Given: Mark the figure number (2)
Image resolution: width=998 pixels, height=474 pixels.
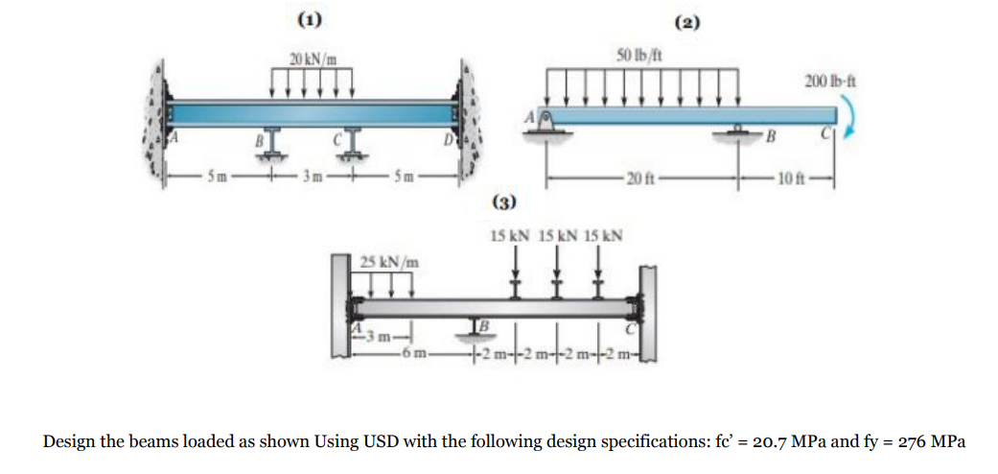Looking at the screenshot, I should (x=687, y=21).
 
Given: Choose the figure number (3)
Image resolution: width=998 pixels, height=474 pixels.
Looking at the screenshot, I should (x=503, y=201).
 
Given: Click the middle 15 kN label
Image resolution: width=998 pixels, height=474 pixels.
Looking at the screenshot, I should (x=557, y=234).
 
